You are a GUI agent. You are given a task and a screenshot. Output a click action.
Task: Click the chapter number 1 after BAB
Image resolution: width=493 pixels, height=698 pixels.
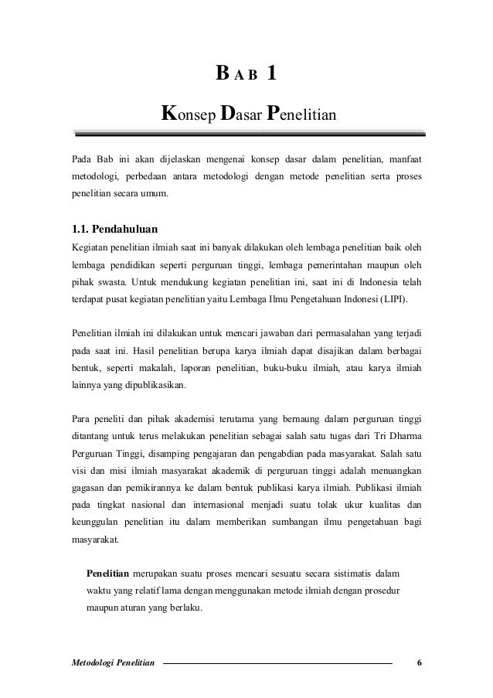click(270, 75)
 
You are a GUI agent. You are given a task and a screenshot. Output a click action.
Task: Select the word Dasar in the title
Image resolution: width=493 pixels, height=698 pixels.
click(240, 114)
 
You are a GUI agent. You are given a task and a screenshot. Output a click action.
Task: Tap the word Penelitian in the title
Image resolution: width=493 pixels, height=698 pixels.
click(301, 114)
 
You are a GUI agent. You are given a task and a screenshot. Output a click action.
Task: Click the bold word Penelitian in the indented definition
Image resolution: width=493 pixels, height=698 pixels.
click(107, 574)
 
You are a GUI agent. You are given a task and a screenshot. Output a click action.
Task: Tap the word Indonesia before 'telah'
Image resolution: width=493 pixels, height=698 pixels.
click(372, 281)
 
